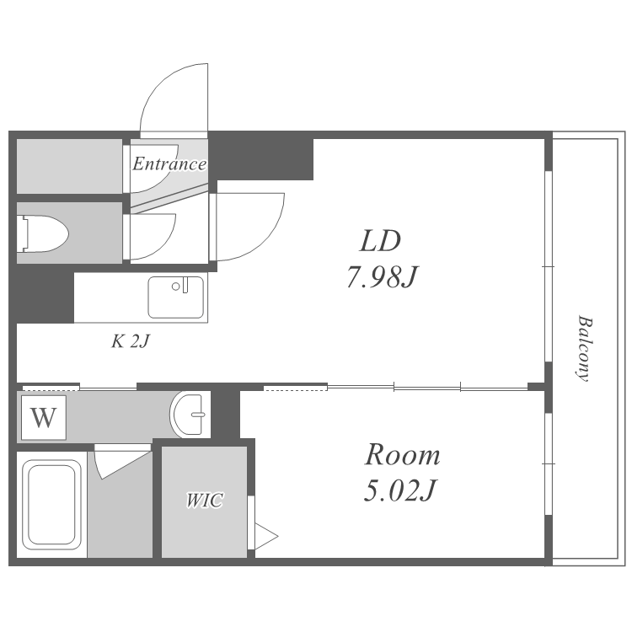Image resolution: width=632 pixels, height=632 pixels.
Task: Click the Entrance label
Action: click(169, 163)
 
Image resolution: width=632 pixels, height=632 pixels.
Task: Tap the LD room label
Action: click(380, 241)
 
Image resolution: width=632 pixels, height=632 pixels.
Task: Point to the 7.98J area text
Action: click(382, 277)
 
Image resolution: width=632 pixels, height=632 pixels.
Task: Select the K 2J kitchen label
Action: click(130, 341)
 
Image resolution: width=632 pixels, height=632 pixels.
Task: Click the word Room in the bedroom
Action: click(402, 455)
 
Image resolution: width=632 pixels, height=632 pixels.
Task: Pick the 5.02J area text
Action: click(399, 490)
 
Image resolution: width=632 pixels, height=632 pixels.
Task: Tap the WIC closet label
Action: click(205, 501)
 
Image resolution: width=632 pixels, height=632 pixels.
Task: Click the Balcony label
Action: click(584, 348)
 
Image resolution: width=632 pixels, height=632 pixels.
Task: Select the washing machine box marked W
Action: click(44, 418)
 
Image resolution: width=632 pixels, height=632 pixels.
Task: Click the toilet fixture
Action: click(42, 233)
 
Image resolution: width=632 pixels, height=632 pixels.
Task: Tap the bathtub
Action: click(51, 505)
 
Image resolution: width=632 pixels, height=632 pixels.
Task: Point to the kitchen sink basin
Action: click(176, 297)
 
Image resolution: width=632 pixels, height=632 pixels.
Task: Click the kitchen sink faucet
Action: click(185, 285)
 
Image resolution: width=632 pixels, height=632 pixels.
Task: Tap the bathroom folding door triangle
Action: click(121, 464)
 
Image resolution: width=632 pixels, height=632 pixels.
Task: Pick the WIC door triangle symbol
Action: click(265, 537)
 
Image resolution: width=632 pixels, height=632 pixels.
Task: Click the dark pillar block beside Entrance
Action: click(261, 159)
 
